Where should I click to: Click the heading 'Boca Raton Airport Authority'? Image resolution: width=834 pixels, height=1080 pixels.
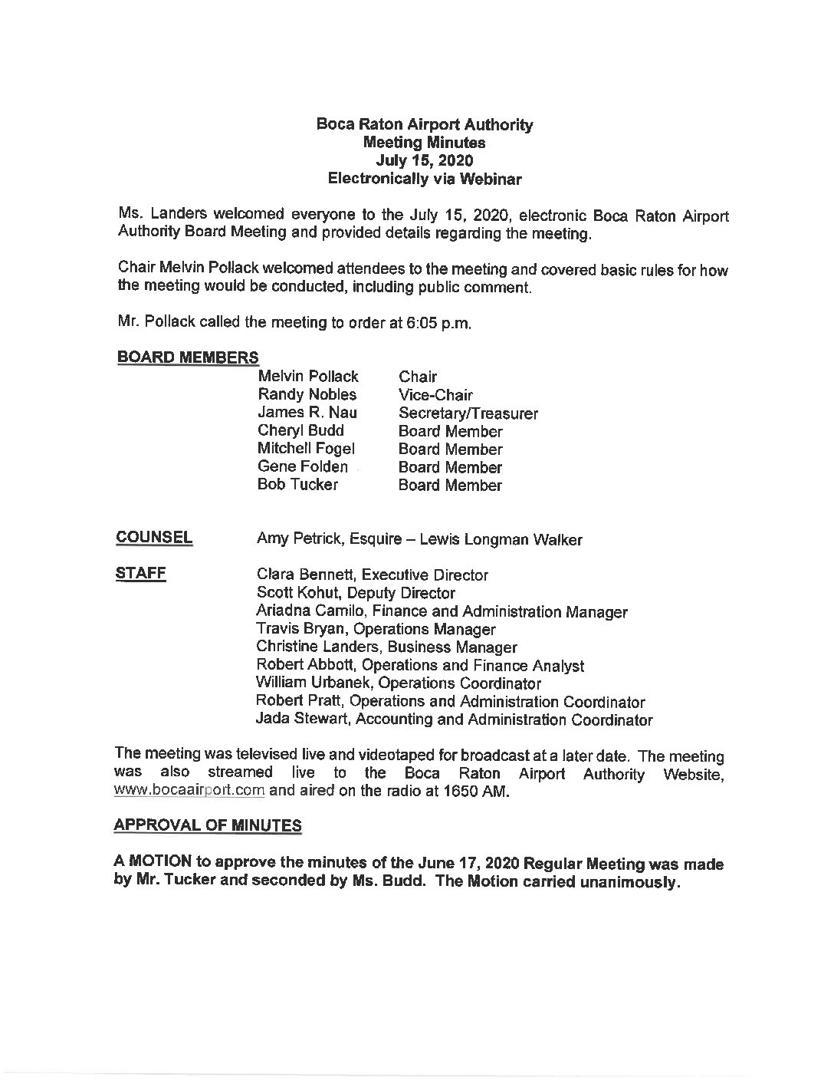pyautogui.click(x=425, y=125)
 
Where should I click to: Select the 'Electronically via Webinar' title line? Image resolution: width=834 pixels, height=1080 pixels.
pyautogui.click(x=425, y=179)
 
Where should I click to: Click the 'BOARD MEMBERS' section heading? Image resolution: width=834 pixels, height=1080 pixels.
pyautogui.click(x=187, y=357)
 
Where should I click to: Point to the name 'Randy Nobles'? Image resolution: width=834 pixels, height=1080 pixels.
pyautogui.click(x=307, y=395)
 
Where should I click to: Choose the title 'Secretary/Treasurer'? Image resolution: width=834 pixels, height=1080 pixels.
pyautogui.click(x=468, y=413)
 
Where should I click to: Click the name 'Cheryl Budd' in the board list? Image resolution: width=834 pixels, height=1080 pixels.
pyautogui.click(x=300, y=431)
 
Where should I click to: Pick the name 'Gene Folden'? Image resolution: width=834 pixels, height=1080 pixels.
pyautogui.click(x=302, y=467)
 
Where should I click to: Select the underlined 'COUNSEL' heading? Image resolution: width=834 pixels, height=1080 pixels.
pyautogui.click(x=154, y=538)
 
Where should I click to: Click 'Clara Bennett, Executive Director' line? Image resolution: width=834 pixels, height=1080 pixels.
pyautogui.click(x=372, y=575)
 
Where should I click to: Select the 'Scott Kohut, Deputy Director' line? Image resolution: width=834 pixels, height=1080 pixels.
pyautogui.click(x=356, y=594)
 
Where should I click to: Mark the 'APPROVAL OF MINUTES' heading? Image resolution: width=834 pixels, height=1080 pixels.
pyautogui.click(x=207, y=825)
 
